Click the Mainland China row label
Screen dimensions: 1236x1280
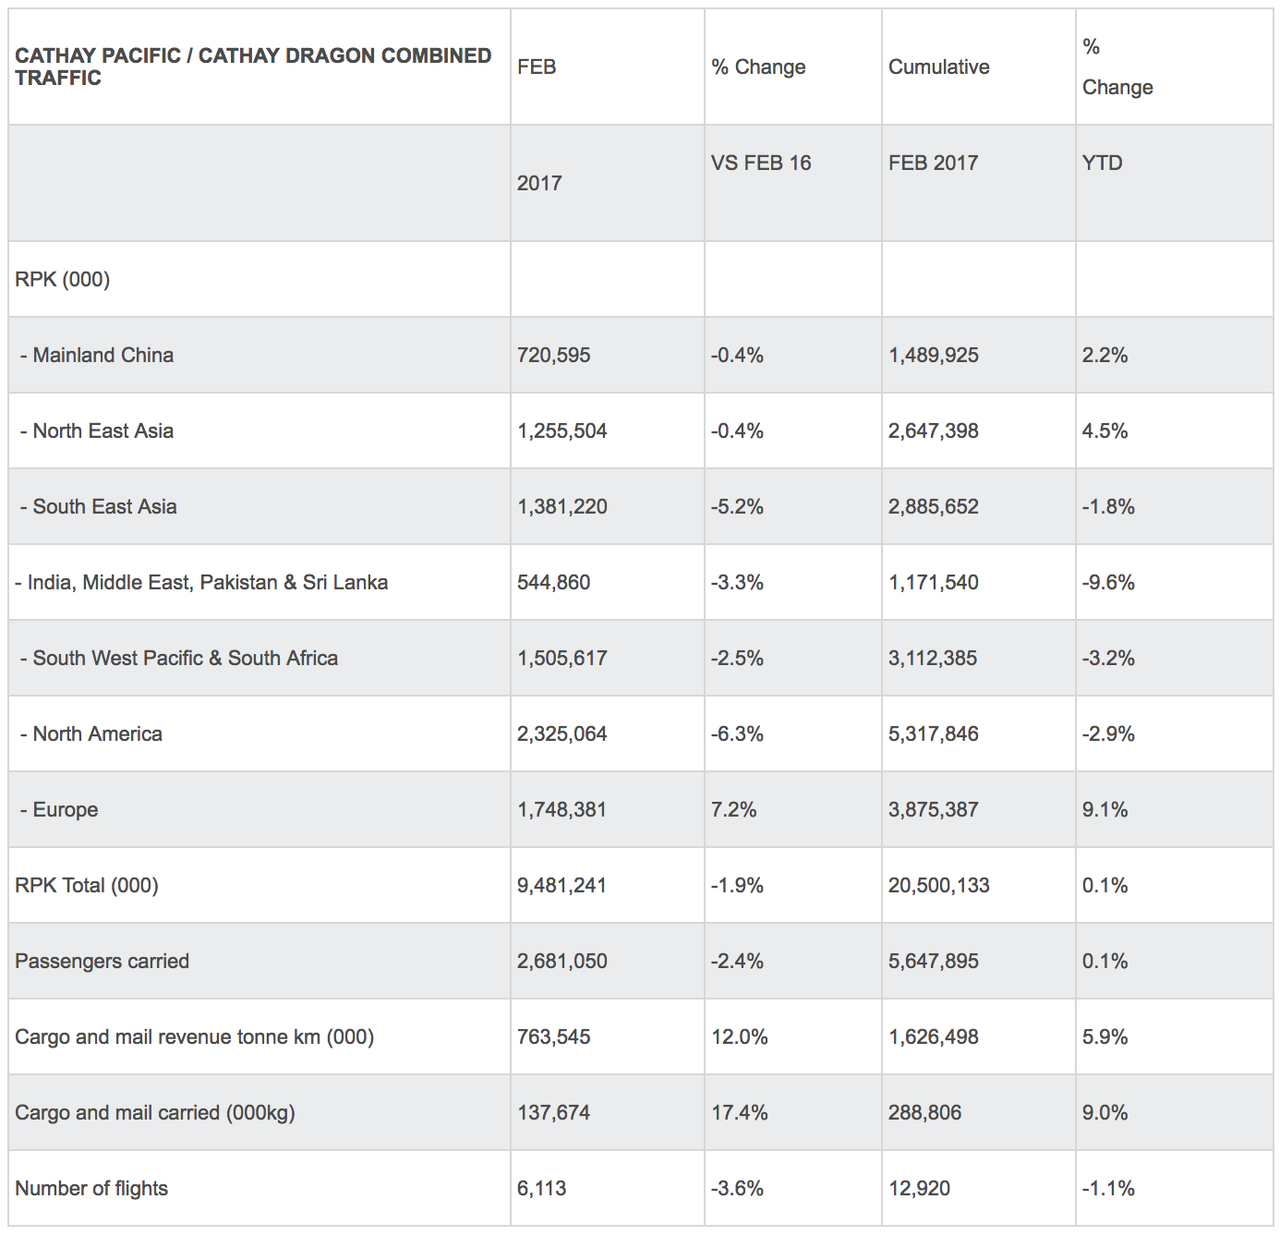click(103, 355)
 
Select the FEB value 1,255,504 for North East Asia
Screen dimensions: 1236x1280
click(562, 430)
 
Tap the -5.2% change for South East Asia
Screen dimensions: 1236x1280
click(737, 506)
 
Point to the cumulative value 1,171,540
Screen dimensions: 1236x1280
click(933, 582)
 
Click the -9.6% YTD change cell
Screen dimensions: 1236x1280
click(1108, 582)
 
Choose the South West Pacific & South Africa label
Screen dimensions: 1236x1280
click(185, 658)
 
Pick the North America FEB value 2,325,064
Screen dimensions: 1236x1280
click(562, 733)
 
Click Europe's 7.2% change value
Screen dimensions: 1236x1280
click(733, 809)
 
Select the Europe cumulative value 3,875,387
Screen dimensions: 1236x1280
click(933, 809)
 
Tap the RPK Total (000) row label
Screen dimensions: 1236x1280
click(87, 885)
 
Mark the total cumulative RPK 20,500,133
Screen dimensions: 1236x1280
click(938, 885)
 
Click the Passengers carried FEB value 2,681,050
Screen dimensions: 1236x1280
click(562, 961)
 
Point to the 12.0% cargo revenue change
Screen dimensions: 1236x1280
click(739, 1036)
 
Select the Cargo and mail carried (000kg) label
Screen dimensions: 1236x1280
click(155, 1112)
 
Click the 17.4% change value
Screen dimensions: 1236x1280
click(739, 1112)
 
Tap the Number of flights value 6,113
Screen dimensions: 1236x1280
click(541, 1188)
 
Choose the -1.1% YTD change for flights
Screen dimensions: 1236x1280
click(1108, 1188)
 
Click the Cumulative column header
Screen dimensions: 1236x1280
click(938, 67)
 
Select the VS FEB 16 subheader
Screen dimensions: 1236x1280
click(761, 163)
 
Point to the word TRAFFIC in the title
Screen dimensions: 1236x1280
click(58, 78)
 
